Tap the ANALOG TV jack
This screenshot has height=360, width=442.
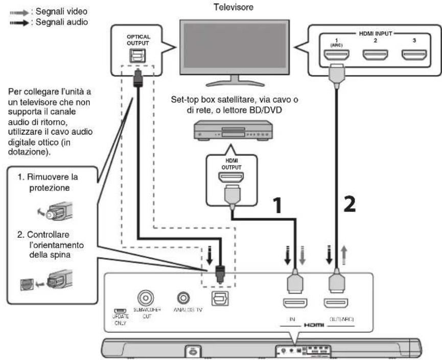coord(182,297)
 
